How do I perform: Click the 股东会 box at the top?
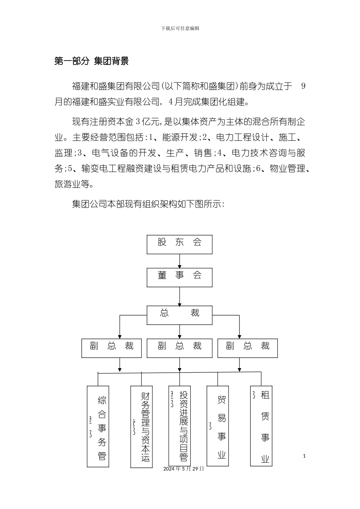pyautogui.click(x=179, y=244)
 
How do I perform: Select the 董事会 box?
pyautogui.click(x=179, y=277)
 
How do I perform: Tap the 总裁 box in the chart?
pyautogui.click(x=179, y=315)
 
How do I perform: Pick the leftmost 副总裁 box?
pyautogui.click(x=111, y=348)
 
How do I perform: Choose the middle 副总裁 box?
pyautogui.click(x=179, y=348)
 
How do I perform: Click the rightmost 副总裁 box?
pyautogui.click(x=247, y=348)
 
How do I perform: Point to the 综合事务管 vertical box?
pyautogui.click(x=98, y=426)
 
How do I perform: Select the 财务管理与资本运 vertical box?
pyautogui.click(x=141, y=426)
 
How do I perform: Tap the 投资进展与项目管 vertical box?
pyautogui.click(x=180, y=426)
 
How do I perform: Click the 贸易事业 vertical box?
pyautogui.click(x=218, y=426)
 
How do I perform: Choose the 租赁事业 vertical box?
pyautogui.click(x=261, y=426)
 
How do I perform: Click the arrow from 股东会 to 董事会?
pyautogui.click(x=180, y=261)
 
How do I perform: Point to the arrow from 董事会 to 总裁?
pyautogui.click(x=180, y=296)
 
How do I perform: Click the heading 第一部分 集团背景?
pyautogui.click(x=91, y=61)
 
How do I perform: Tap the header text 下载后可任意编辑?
pyautogui.click(x=180, y=28)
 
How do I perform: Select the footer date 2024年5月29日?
pyautogui.click(x=184, y=468)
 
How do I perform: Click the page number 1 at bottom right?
pyautogui.click(x=304, y=456)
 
